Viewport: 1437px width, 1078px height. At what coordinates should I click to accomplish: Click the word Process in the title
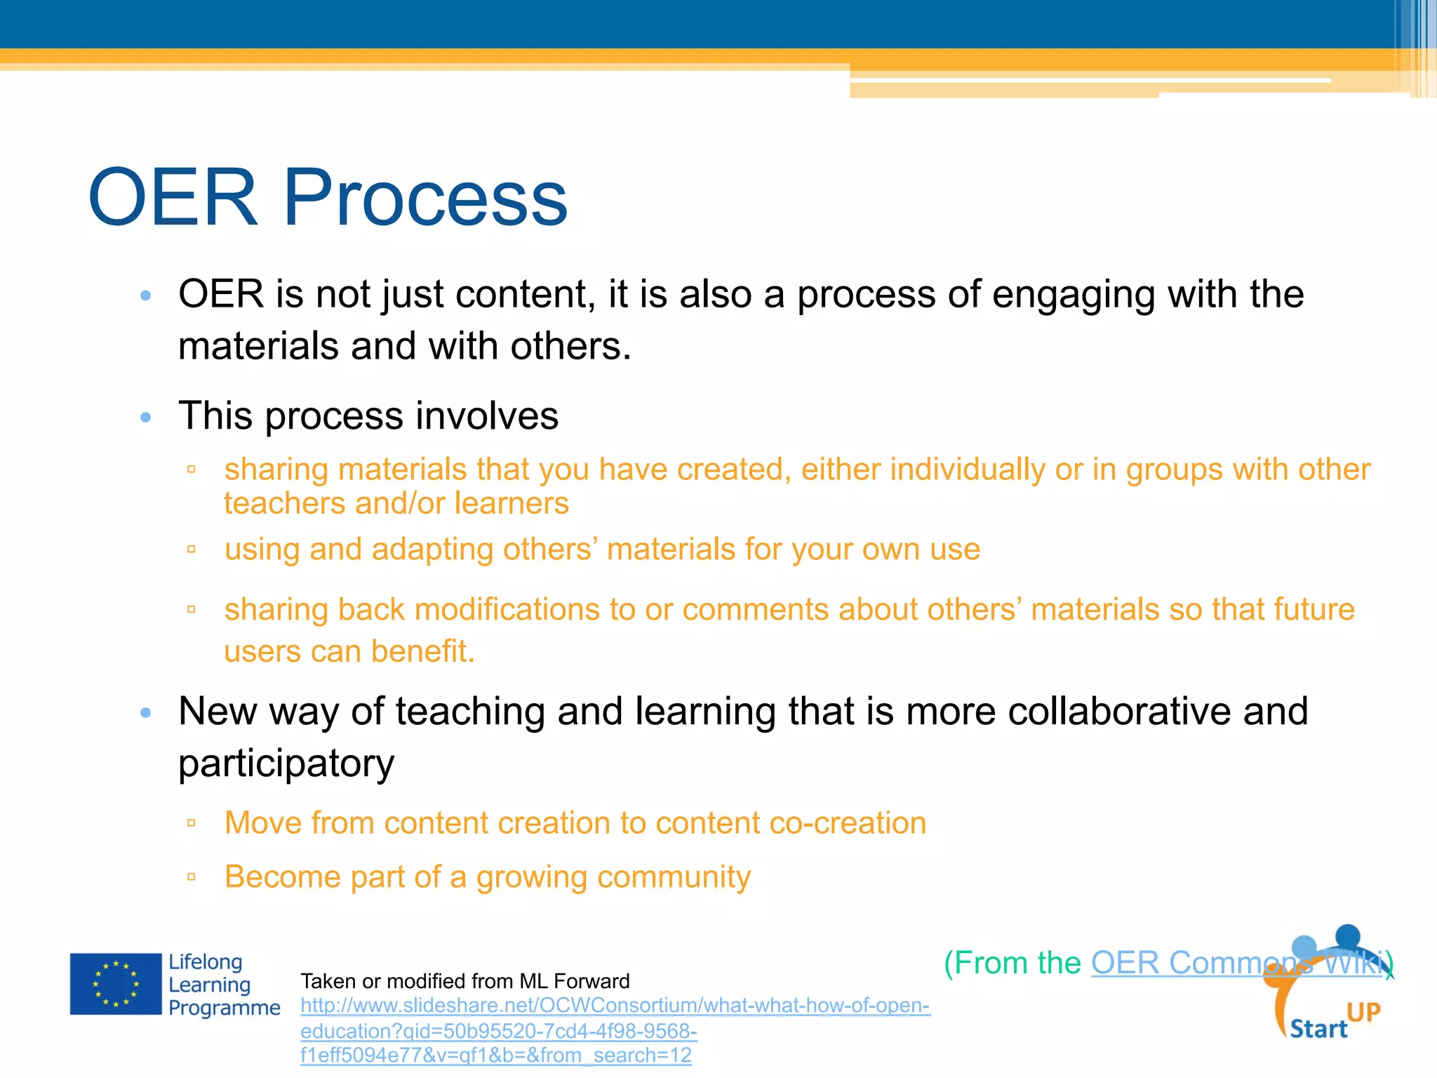pos(425,199)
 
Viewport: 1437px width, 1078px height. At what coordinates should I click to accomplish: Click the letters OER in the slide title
pos(173,199)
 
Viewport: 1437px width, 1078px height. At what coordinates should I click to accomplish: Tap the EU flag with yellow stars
pos(116,984)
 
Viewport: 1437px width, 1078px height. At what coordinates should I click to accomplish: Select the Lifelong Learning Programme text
pos(223,985)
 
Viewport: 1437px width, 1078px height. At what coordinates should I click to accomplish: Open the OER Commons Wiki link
pos(1238,963)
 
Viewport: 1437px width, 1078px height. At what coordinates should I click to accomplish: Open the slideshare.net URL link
pos(614,1006)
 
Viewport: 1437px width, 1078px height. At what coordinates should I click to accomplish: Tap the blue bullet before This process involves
pos(146,417)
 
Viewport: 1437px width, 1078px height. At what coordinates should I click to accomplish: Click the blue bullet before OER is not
pos(146,295)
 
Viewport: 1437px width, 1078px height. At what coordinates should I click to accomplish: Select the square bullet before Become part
pos(191,877)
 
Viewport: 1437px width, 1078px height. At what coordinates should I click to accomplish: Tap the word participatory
pos(286,764)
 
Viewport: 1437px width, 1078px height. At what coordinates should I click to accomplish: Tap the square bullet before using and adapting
pos(191,550)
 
